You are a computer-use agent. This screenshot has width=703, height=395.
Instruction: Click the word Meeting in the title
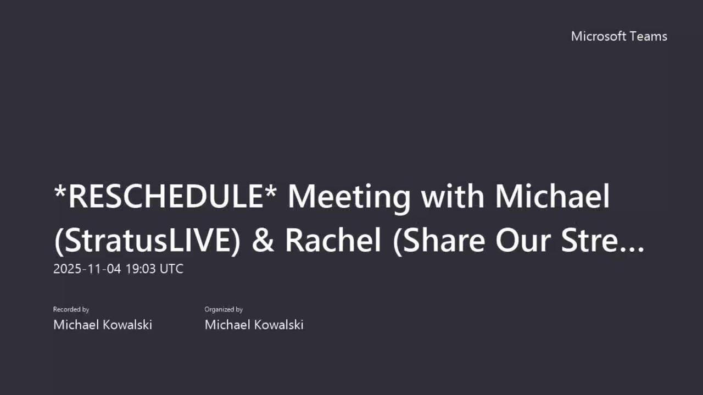click(349, 197)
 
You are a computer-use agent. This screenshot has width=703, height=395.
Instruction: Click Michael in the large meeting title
click(552, 197)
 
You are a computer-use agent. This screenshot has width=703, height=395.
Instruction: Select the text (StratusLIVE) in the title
click(147, 241)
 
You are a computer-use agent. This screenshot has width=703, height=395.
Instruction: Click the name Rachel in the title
click(333, 241)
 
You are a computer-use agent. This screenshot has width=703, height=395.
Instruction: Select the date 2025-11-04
click(87, 269)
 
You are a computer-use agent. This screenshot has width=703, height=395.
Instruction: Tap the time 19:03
click(140, 269)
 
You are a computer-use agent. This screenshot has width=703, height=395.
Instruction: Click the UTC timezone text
click(171, 269)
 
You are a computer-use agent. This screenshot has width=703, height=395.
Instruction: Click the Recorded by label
click(71, 310)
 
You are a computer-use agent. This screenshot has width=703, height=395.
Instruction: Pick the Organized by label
click(224, 310)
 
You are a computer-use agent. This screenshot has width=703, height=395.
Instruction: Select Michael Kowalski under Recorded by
click(102, 325)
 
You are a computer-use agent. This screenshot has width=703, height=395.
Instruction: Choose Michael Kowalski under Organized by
click(254, 325)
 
